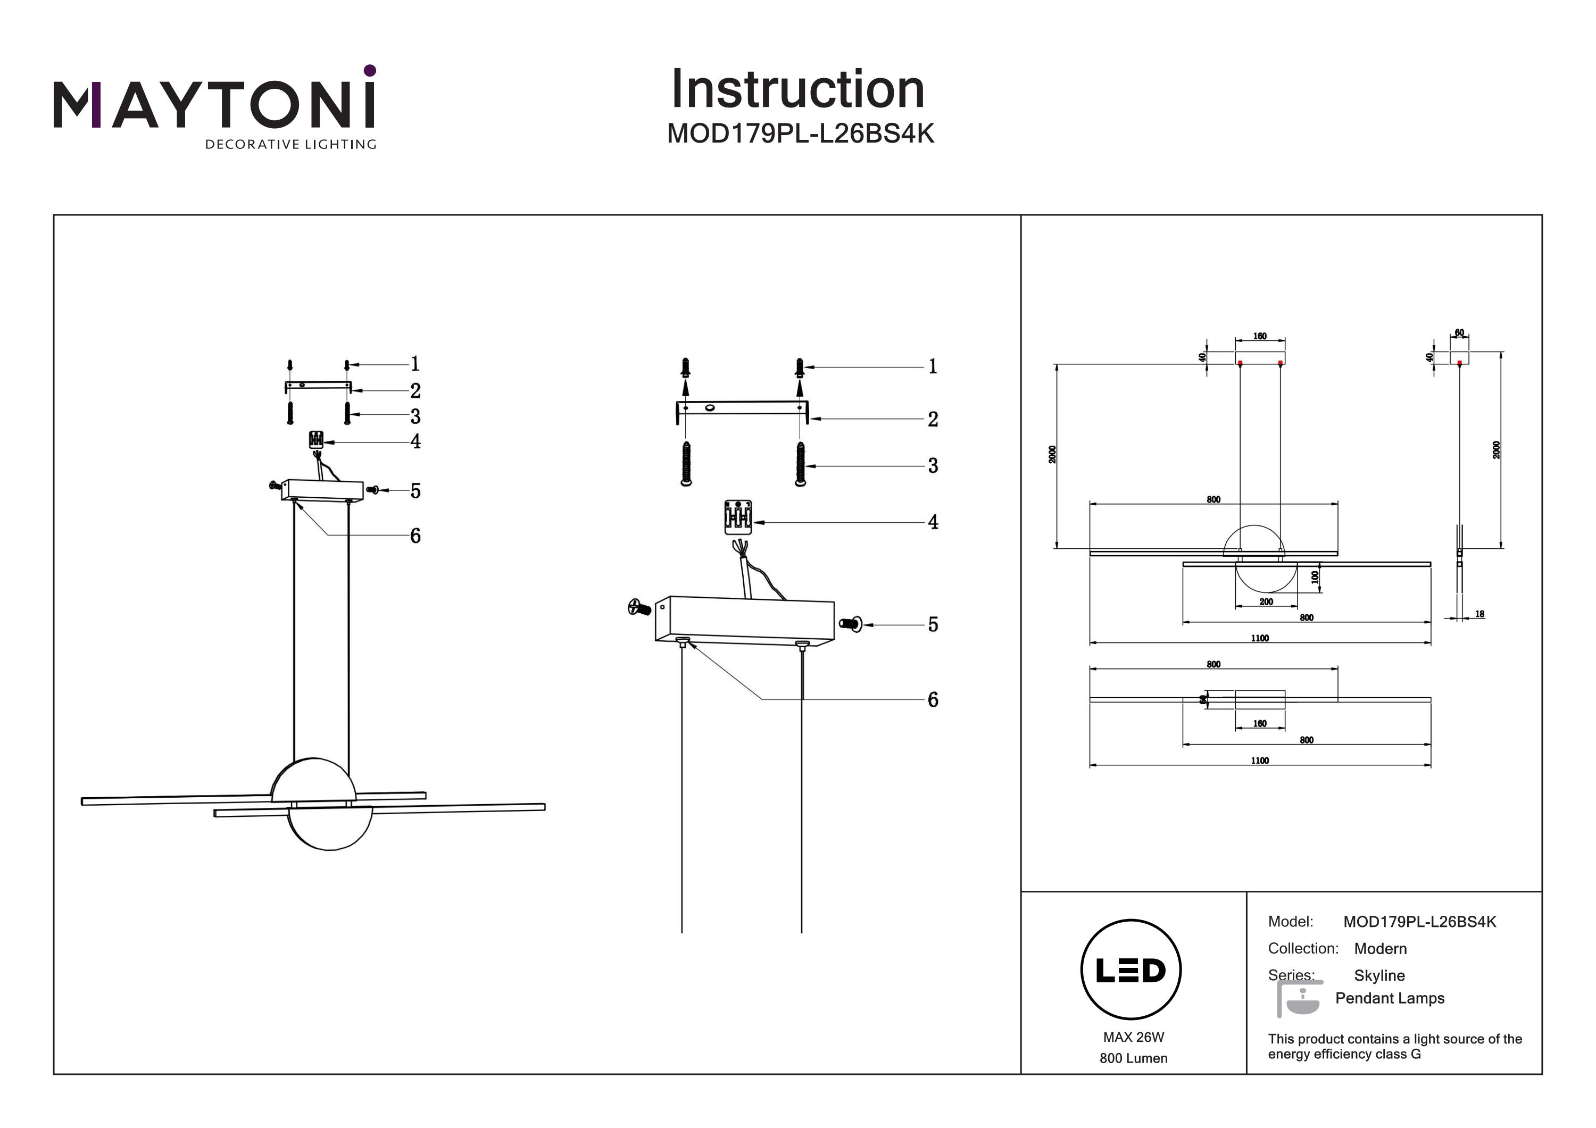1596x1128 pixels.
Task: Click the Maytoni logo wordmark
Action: pyautogui.click(x=214, y=104)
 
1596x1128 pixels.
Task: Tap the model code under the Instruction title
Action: pyautogui.click(x=800, y=133)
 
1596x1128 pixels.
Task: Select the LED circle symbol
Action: pyautogui.click(x=1130, y=970)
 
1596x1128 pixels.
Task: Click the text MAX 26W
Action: pyautogui.click(x=1133, y=1037)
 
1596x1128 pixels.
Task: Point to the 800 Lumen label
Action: pyautogui.click(x=1133, y=1058)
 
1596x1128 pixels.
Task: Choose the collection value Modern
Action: pyautogui.click(x=1380, y=949)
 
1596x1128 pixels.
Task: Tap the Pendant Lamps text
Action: pyautogui.click(x=1390, y=998)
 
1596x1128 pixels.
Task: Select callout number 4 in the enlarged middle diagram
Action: pyautogui.click(x=933, y=522)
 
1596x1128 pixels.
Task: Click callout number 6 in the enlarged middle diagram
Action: pyautogui.click(x=933, y=700)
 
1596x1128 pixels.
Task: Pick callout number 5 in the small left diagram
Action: pyautogui.click(x=415, y=491)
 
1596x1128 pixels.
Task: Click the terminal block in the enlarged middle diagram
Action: pyautogui.click(x=737, y=517)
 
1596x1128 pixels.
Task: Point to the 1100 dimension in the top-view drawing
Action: pyautogui.click(x=1260, y=761)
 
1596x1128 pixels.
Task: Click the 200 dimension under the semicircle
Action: pyautogui.click(x=1266, y=602)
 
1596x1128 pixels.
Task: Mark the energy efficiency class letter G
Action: pyautogui.click(x=1416, y=1054)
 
